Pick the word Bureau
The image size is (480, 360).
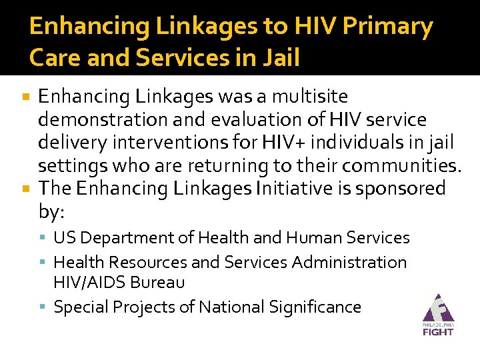tap(157, 283)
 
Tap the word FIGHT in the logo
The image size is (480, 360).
tap(437, 331)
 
